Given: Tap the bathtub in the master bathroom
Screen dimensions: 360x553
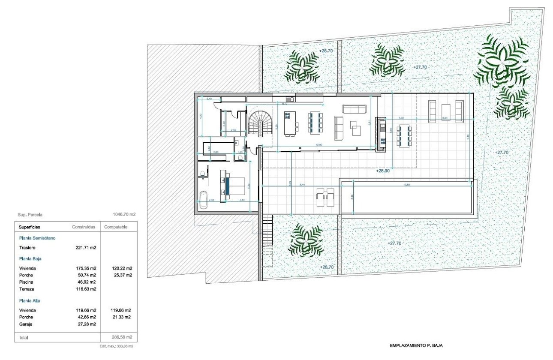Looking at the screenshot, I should click(202, 200).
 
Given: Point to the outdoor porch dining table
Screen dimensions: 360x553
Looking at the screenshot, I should click(404, 136).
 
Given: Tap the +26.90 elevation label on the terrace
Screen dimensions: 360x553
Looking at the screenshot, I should click(383, 171).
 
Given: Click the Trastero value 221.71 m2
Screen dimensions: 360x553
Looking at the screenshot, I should click(86, 248).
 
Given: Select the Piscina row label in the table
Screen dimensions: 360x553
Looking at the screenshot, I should click(26, 282).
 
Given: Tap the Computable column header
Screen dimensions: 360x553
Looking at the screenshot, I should click(116, 227).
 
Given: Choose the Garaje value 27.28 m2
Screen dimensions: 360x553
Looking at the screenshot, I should click(86, 324).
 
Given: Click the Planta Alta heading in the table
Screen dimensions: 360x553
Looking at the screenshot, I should click(30, 301).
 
